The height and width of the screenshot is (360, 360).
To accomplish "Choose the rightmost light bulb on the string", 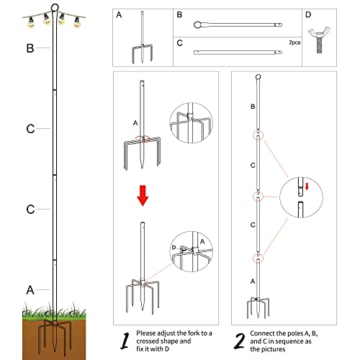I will click(x=76, y=22).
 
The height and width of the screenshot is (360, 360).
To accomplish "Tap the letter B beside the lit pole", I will click(x=30, y=49).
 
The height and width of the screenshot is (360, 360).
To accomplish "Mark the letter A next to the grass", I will click(x=30, y=290).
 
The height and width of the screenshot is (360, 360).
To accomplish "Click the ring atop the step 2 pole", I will click(x=258, y=77).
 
